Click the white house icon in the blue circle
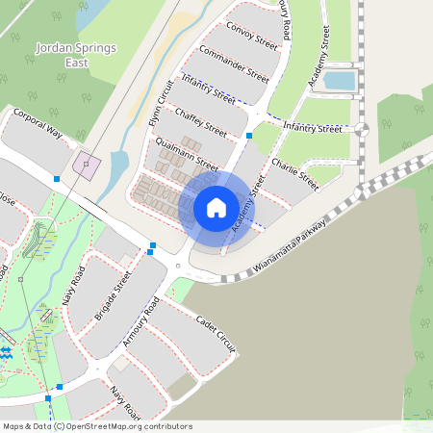[216, 207]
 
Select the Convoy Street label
[252, 37]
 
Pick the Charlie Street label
[294, 168]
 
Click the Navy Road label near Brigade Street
[76, 286]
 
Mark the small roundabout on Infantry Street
[362, 127]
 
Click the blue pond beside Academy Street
[339, 81]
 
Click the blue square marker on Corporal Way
[57, 179]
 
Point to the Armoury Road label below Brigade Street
[140, 327]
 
